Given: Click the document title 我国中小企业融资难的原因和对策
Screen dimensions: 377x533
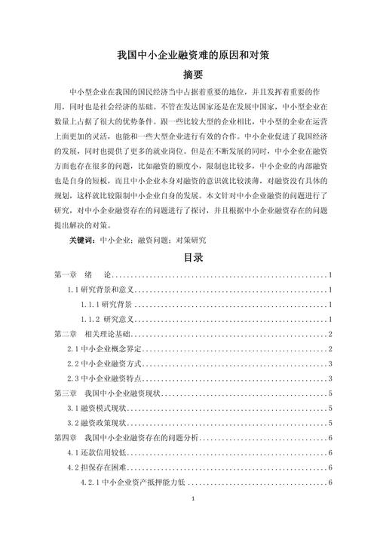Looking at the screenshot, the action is (x=188, y=55).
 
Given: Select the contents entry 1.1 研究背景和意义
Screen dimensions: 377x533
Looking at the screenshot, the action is (x=99, y=289).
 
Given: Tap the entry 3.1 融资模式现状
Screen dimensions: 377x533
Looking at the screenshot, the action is (x=94, y=408).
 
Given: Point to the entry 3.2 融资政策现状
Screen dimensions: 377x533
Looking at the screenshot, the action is (x=94, y=423).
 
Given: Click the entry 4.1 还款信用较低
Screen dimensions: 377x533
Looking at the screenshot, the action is (x=94, y=452).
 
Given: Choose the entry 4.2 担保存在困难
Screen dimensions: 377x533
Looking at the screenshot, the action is (x=94, y=467).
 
